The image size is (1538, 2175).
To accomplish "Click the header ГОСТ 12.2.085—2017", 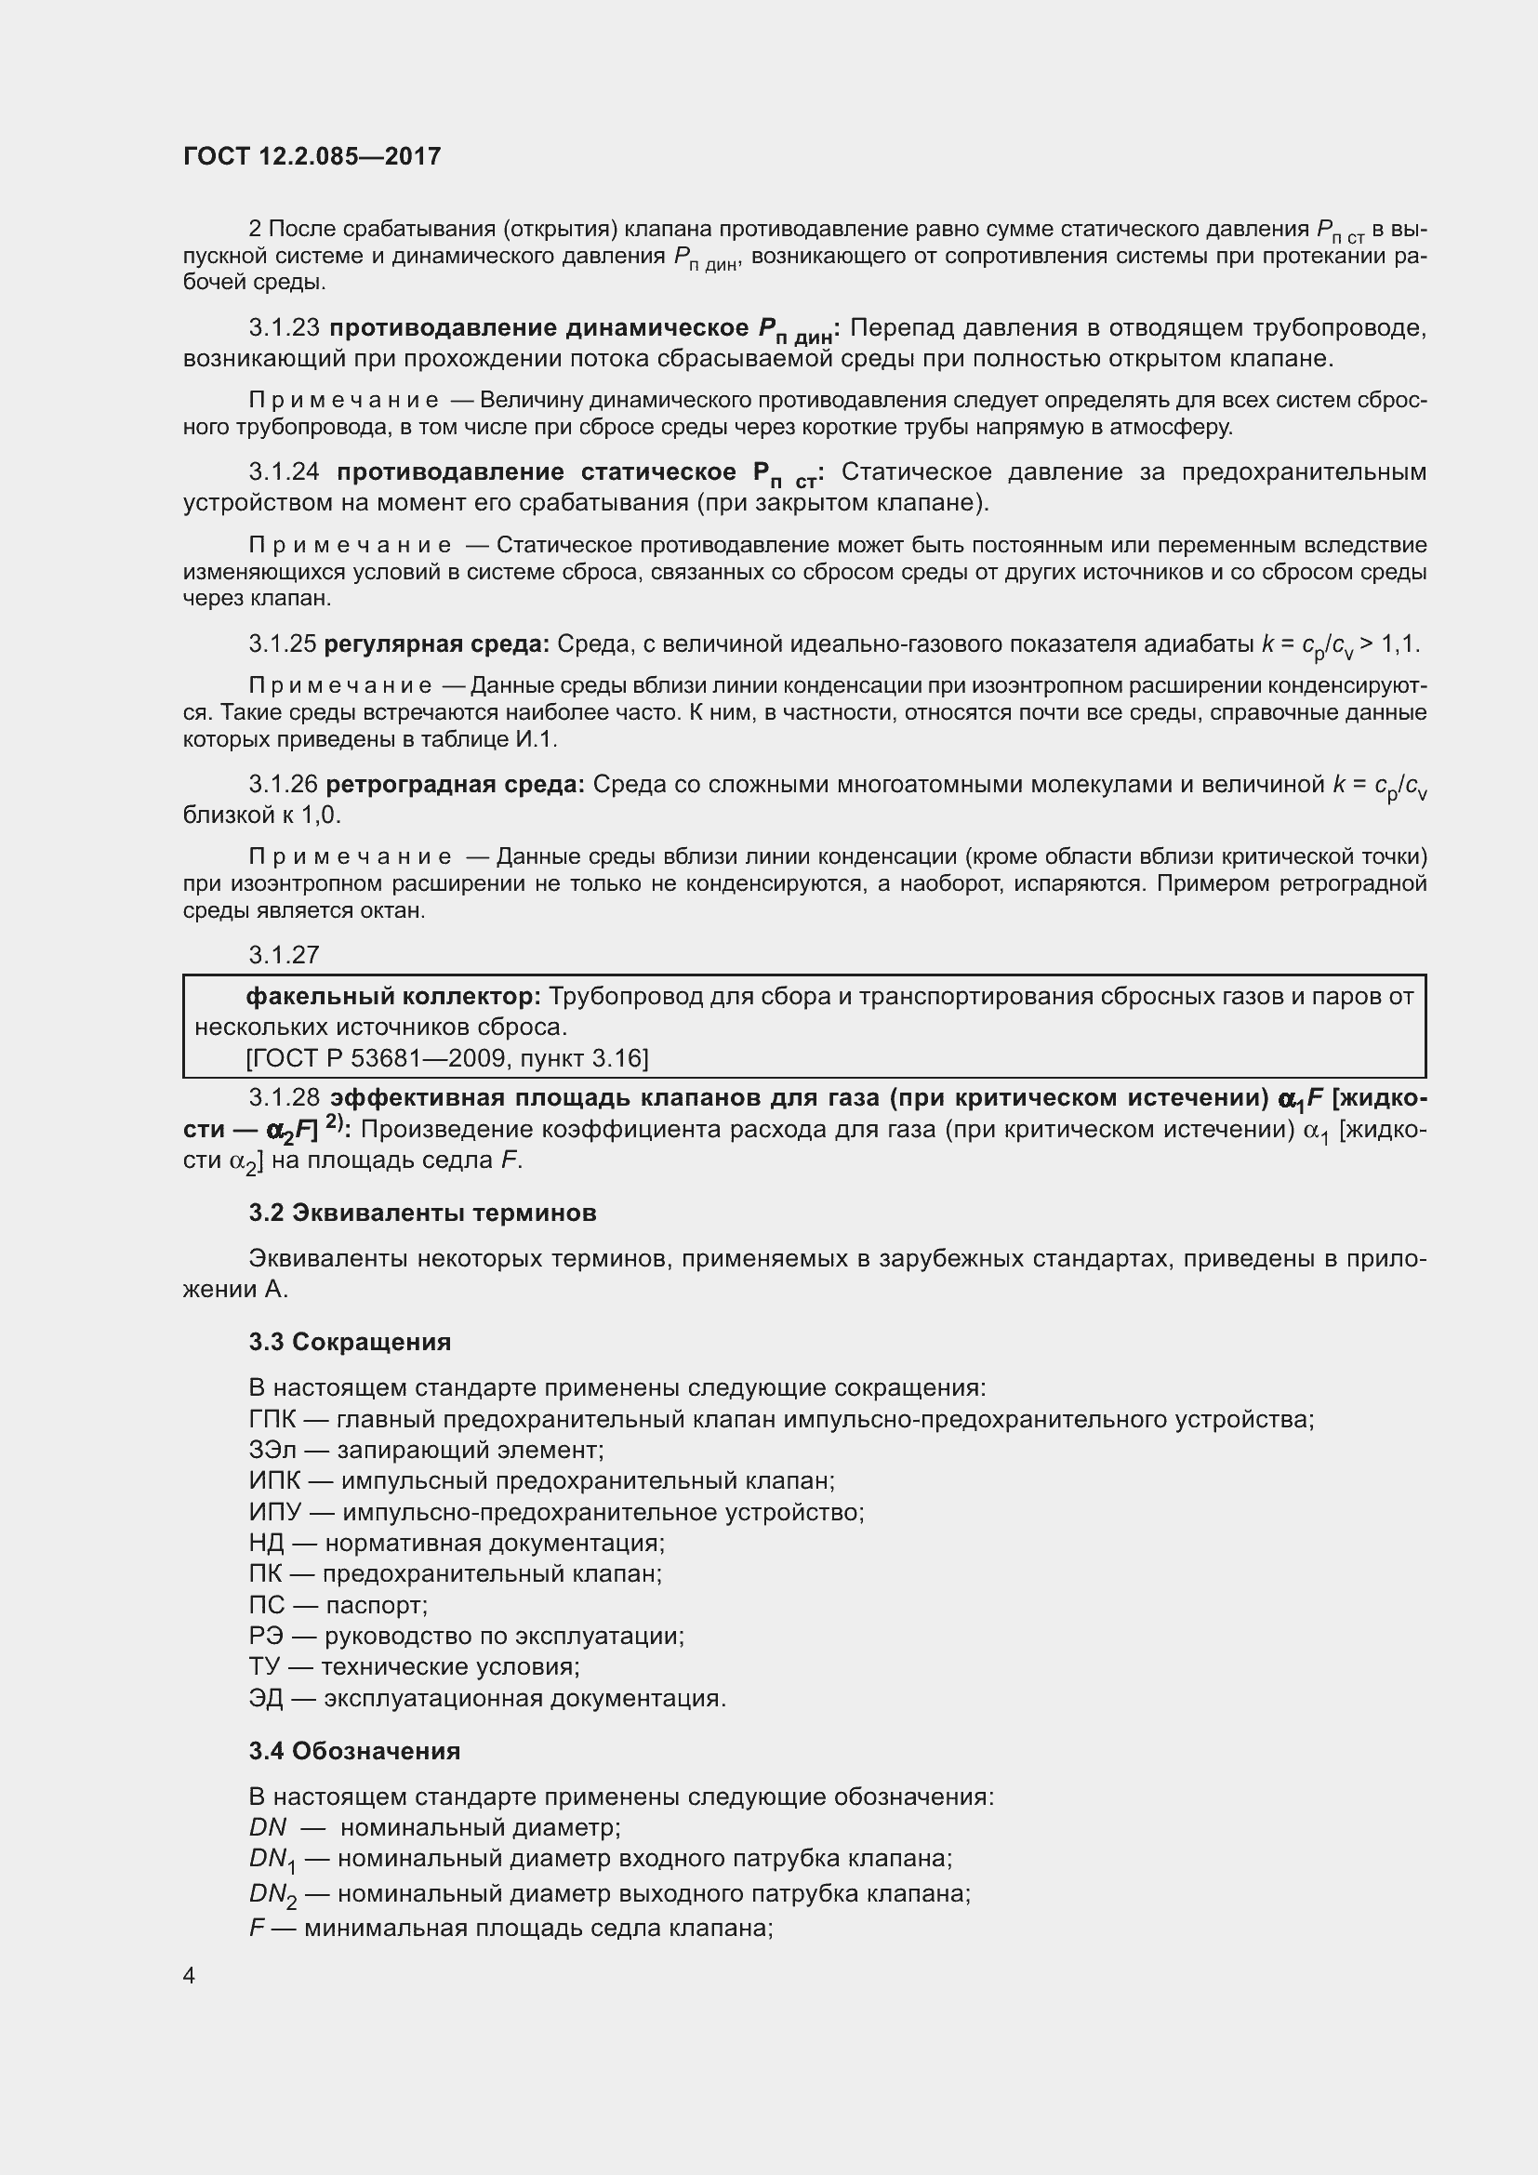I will [x=312, y=156].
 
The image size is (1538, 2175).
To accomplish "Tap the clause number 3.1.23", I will [x=285, y=328].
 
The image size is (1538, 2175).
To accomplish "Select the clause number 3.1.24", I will [x=285, y=472].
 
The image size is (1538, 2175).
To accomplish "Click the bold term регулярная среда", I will [x=435, y=644].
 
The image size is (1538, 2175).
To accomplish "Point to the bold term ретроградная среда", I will [x=455, y=785].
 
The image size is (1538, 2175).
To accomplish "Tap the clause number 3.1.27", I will [x=285, y=955].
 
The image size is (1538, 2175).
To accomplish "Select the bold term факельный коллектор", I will [x=393, y=997].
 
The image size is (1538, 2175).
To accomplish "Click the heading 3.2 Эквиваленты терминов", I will [x=422, y=1213].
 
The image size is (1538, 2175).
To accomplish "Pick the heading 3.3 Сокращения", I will [x=350, y=1342].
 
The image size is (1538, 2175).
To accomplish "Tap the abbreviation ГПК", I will [x=272, y=1420].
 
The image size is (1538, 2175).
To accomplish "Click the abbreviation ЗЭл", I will [x=272, y=1451].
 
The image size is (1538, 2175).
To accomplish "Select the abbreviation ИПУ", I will [x=272, y=1512].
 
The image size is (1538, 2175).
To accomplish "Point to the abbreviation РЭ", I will [x=265, y=1636].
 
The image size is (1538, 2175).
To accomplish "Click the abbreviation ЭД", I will [x=265, y=1699].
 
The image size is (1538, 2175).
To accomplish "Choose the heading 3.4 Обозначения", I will [x=354, y=1751].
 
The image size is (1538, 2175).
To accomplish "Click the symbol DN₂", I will [x=272, y=1894].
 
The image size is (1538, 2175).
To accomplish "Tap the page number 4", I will [x=190, y=1976].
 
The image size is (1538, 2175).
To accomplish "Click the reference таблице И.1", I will [x=500, y=740].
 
